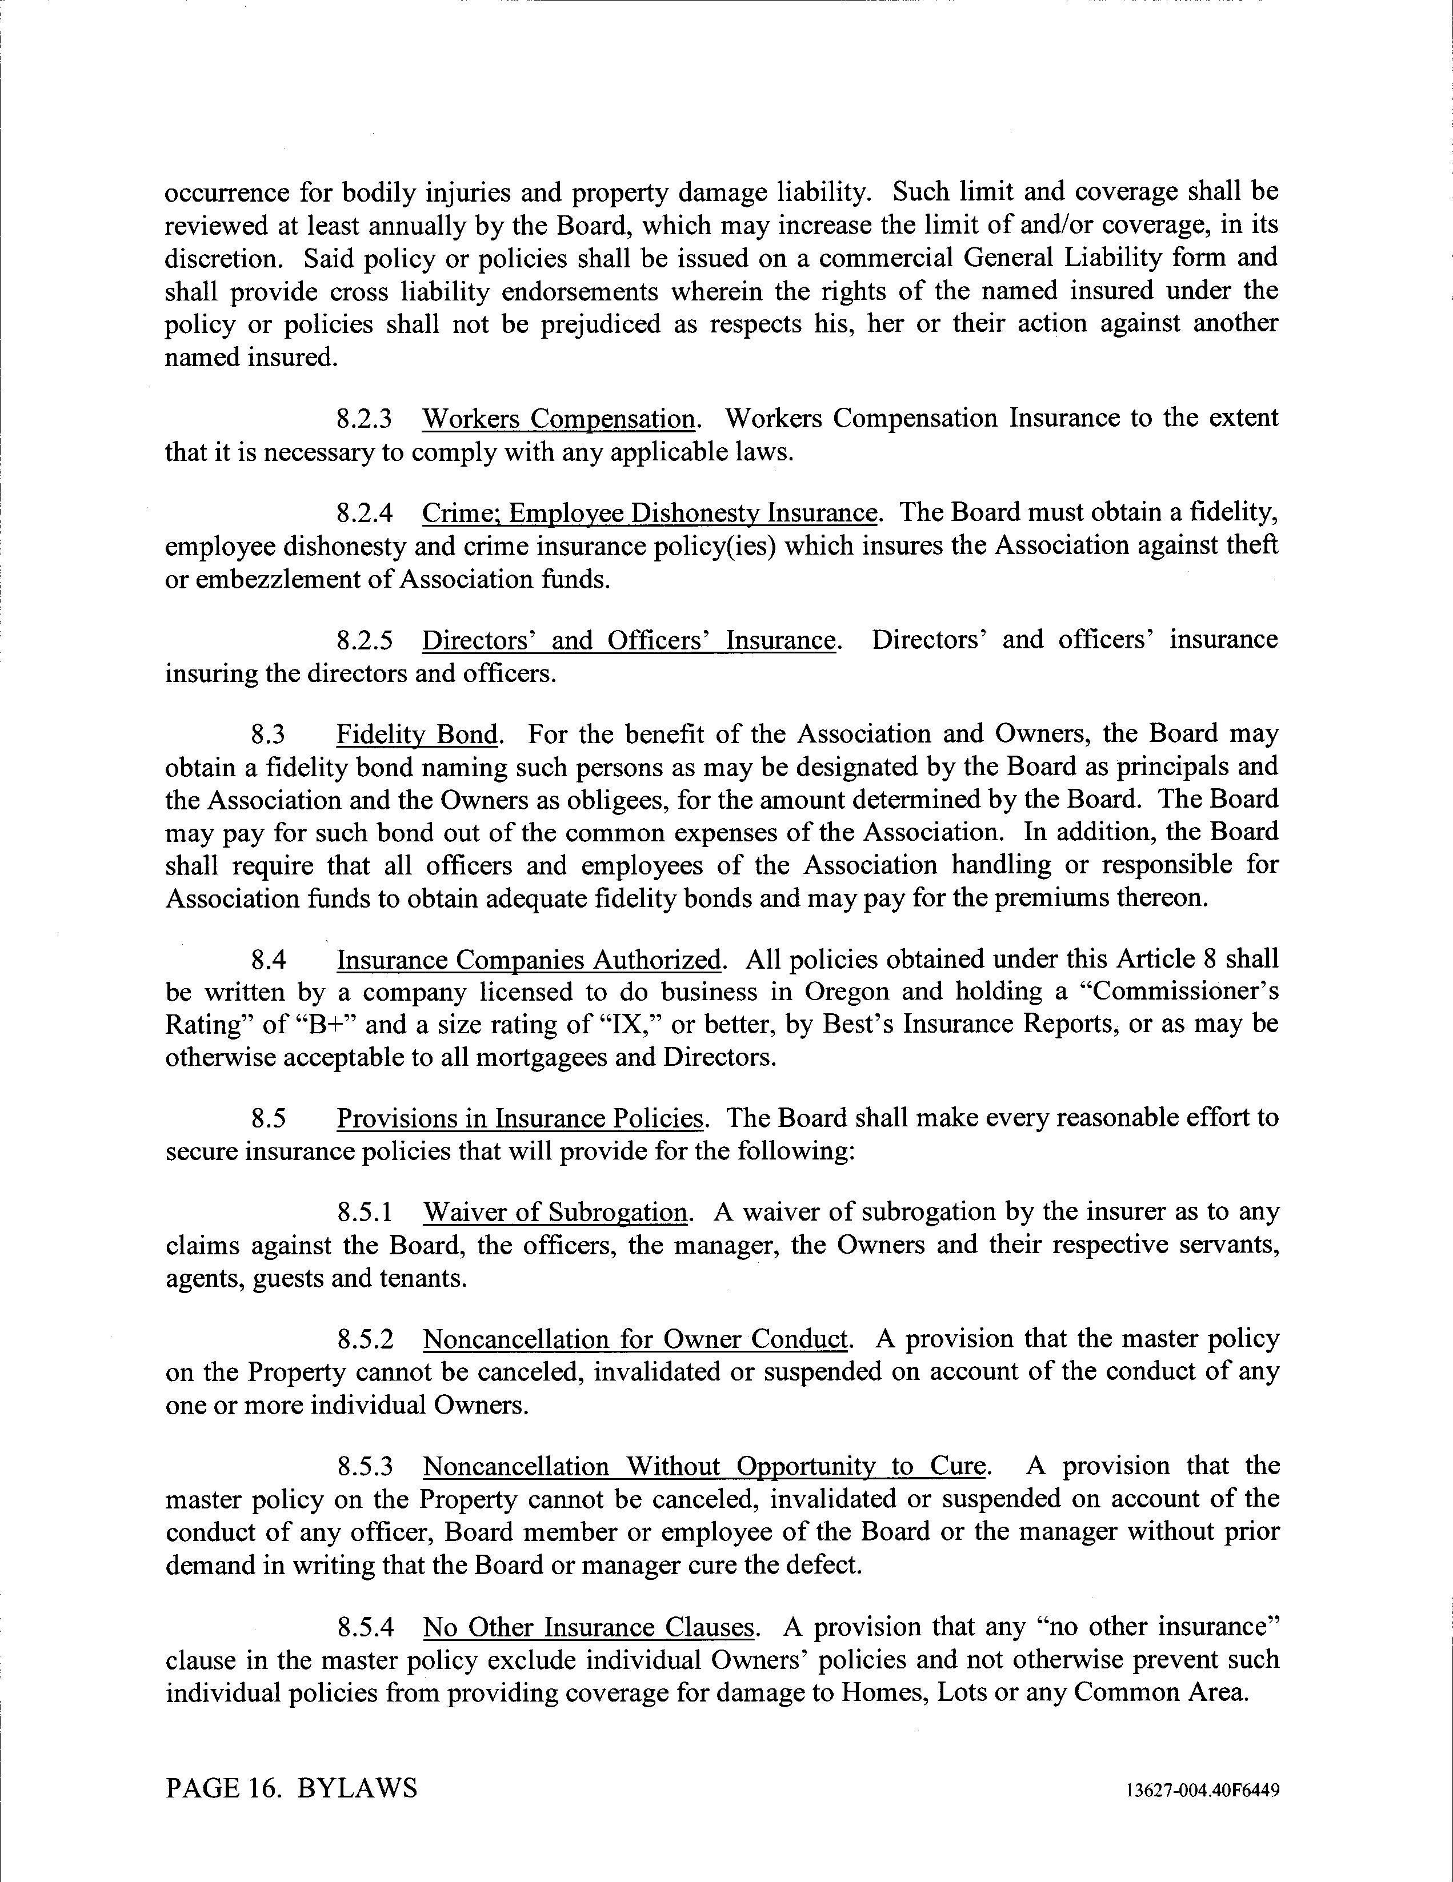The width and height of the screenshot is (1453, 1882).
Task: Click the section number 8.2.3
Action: click(364, 419)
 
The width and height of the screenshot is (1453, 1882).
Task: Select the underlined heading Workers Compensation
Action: click(558, 419)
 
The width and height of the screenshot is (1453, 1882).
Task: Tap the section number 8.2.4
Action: click(364, 513)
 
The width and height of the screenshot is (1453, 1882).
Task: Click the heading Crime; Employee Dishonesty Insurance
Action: click(650, 513)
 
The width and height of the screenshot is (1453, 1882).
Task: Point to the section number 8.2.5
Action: click(364, 640)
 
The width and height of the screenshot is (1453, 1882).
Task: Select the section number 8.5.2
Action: click(364, 1340)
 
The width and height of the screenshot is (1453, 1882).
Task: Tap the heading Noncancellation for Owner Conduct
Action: click(636, 1340)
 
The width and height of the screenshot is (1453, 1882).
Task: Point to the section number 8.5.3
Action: click(364, 1467)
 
